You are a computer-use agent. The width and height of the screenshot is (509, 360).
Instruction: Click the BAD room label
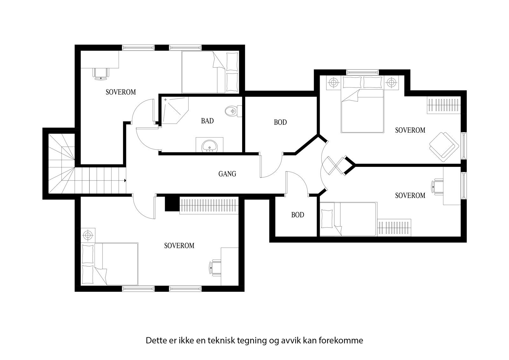pos(207,121)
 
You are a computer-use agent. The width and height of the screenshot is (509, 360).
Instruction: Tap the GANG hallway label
pos(227,174)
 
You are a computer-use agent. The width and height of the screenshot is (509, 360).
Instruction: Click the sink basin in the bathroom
pos(209,146)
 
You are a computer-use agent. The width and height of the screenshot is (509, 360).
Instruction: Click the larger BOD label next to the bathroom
pos(280,122)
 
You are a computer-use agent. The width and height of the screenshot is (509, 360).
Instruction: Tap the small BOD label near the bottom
pos(297,215)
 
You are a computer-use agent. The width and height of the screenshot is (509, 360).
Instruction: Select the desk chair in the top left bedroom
pos(101,73)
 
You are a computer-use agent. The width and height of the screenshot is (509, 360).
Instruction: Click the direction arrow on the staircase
pos(125,180)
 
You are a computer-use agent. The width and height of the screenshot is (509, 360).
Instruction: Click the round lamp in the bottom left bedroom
pos(87,235)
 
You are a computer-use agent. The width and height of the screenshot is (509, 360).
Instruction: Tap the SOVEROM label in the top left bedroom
pos(121,92)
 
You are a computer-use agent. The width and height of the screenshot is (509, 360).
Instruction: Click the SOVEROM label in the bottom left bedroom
pos(179,246)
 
